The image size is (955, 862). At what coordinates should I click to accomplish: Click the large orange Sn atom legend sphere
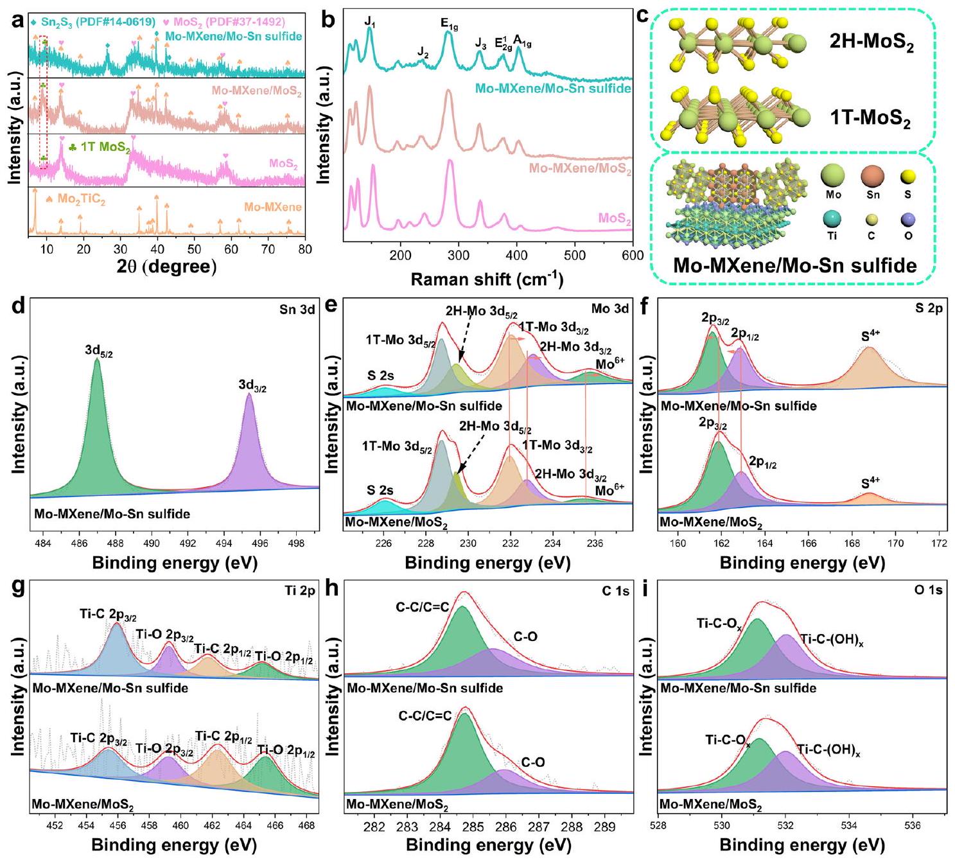[873, 177]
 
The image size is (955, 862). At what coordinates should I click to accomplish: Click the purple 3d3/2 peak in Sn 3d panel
[249, 443]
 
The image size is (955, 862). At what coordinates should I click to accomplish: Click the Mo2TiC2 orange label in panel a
[81, 200]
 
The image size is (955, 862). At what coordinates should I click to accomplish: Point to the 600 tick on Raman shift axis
[633, 256]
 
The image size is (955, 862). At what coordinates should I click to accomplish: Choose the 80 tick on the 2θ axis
[305, 249]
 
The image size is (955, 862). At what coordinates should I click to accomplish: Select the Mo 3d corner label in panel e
[609, 309]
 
